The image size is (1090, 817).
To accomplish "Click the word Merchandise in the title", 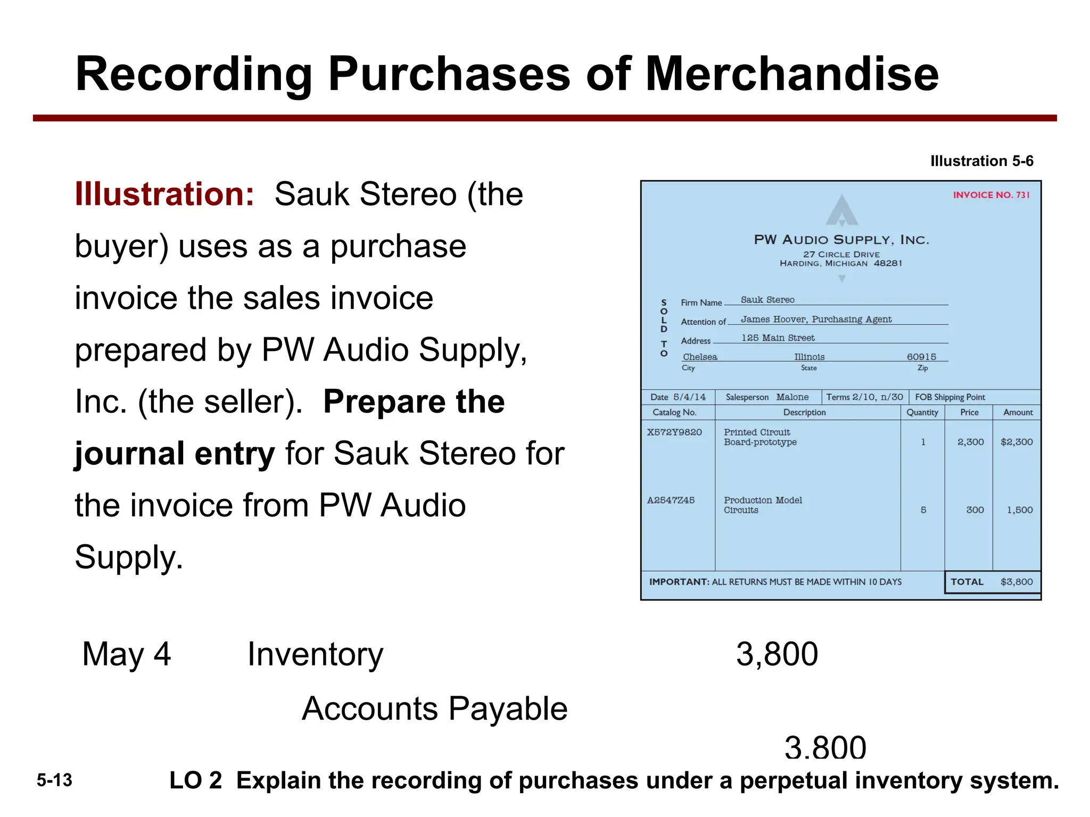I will pos(791,74).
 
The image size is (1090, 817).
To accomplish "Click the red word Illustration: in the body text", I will pos(164,194).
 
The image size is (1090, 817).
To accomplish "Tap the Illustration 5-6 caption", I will pos(981,161).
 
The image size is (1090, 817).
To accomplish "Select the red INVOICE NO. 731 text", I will pos(991,195).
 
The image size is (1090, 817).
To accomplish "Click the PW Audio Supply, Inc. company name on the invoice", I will pos(841,240).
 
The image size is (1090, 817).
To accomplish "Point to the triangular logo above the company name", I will pos(841,211).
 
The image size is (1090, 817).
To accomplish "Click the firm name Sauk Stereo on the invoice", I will pos(767,300).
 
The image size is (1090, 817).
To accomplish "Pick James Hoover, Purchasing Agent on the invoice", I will pos(816,319).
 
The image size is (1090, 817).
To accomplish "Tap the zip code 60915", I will pos(921,357).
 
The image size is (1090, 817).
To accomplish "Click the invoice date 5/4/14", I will pos(689,397).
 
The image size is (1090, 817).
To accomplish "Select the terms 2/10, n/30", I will pos(878,397).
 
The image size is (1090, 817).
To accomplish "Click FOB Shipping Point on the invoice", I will pos(950,397).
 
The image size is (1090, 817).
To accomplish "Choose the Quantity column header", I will pos(922,412).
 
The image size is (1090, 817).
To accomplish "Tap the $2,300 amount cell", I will pos(1017,442).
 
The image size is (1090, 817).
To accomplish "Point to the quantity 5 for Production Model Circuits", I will pos(923,510).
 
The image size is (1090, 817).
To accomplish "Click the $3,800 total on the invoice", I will pos(1017,582).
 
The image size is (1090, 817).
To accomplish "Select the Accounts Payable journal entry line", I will pos(435,709).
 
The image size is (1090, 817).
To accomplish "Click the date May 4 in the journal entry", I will pos(127,654).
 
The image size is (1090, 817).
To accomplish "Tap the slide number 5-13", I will pos(54,781).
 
